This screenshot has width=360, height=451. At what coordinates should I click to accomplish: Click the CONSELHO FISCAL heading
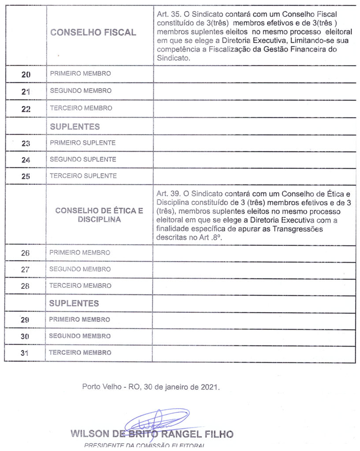tap(93, 33)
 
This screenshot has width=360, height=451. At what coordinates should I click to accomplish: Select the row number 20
tap(26, 74)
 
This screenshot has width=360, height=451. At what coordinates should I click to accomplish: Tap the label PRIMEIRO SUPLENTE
tap(82, 143)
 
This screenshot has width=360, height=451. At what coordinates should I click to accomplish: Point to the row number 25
tap(26, 176)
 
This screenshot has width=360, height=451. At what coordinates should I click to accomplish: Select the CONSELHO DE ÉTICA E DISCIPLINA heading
tap(99, 215)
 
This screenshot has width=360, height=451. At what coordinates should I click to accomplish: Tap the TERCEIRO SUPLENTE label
tap(83, 176)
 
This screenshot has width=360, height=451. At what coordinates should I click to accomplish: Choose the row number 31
tap(25, 353)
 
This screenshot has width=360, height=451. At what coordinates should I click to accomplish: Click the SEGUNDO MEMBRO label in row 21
tap(80, 91)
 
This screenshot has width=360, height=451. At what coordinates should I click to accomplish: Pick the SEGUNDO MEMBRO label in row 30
tap(80, 336)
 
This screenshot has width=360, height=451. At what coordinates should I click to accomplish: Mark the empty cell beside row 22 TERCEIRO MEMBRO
tap(254, 108)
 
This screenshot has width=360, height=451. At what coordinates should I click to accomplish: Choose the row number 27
tap(25, 270)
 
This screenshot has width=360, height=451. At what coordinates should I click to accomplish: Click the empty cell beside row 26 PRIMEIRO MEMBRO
tap(254, 253)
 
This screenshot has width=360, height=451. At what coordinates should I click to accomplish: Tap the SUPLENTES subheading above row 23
tap(74, 126)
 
